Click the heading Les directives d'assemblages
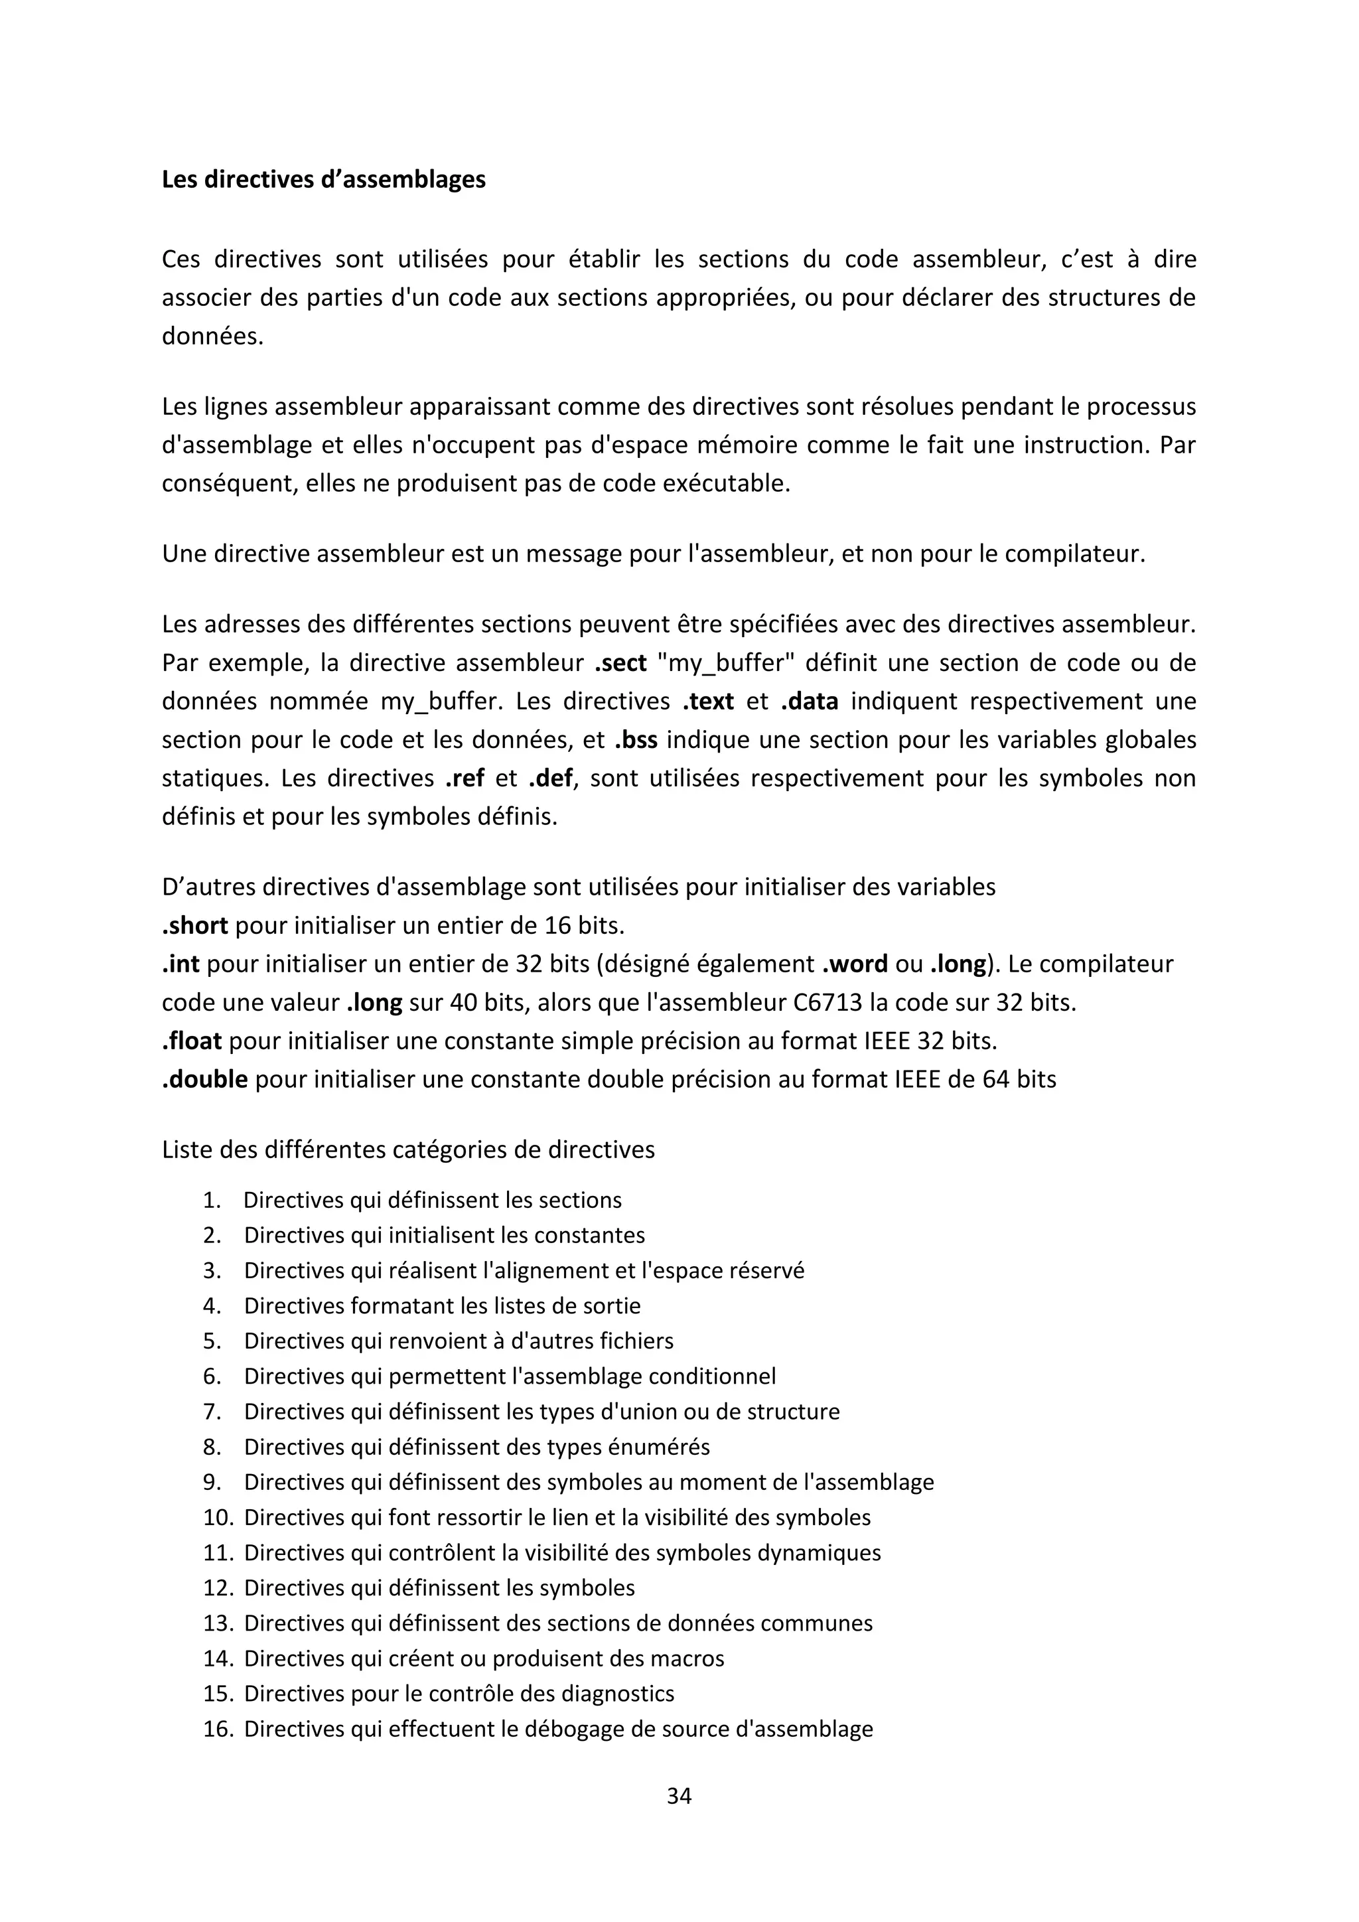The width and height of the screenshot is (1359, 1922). click(323, 180)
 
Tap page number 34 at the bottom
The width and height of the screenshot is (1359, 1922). click(679, 1796)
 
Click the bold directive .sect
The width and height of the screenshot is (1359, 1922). click(620, 663)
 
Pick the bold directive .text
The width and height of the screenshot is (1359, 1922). click(708, 702)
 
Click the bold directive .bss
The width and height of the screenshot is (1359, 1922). click(635, 740)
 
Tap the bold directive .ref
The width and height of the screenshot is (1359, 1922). click(465, 778)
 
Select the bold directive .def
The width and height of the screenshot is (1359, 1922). click(551, 778)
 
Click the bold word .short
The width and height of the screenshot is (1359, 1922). click(195, 926)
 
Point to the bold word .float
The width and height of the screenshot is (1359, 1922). click(192, 1041)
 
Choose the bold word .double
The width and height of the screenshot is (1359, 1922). click(205, 1080)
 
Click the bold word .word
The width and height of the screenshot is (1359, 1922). click(855, 964)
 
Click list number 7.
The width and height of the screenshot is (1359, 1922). click(212, 1412)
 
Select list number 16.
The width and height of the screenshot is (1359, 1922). click(218, 1730)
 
